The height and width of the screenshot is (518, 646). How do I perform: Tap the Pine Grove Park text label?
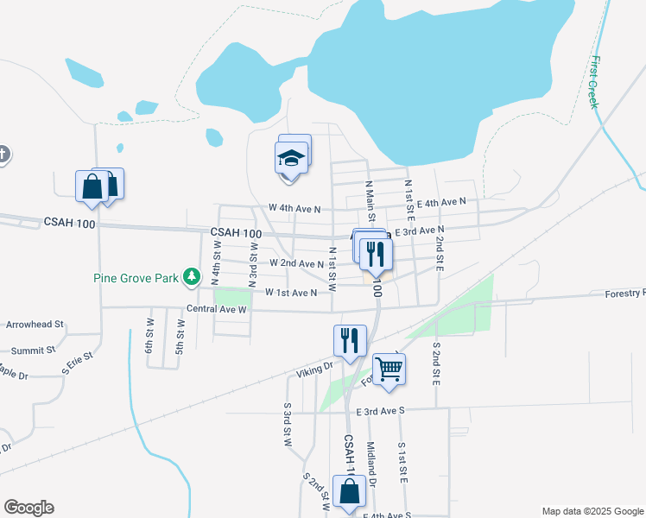click(x=136, y=278)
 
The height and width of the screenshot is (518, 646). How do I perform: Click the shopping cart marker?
click(x=389, y=369)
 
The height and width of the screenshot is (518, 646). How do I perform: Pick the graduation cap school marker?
click(x=291, y=158)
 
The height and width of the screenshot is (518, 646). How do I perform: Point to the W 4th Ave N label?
click(x=294, y=208)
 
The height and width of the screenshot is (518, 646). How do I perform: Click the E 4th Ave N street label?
click(x=440, y=202)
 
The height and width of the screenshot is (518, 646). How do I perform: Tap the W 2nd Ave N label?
click(x=295, y=262)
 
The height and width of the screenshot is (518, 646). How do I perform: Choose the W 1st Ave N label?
click(x=290, y=293)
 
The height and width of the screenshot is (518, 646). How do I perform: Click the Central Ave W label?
click(x=217, y=308)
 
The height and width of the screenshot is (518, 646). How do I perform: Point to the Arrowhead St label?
click(x=35, y=325)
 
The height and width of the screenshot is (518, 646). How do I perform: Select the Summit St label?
click(x=32, y=351)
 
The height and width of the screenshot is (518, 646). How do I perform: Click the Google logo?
click(x=28, y=508)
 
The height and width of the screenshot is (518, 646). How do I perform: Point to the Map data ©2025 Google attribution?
click(x=592, y=511)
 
